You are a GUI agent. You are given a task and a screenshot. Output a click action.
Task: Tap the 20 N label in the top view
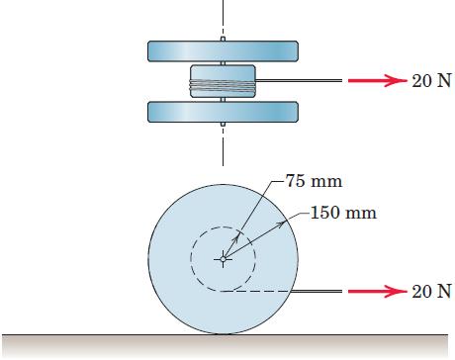pos(431,81)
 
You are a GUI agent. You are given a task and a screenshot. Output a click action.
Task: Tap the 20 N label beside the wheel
pos(431,292)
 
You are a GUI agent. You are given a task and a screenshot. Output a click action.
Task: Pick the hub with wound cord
pos(223,80)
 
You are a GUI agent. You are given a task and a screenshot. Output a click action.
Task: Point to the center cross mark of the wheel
pos(223,260)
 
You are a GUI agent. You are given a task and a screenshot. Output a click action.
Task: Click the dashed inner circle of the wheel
pos(191,260)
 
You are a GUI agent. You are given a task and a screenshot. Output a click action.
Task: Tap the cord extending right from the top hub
pos(297,81)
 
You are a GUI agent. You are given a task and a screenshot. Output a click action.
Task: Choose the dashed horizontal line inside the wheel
pos(257,292)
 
